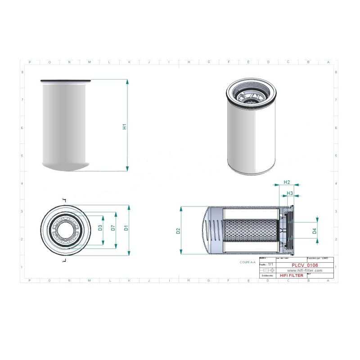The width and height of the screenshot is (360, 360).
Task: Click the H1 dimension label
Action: click(125, 126)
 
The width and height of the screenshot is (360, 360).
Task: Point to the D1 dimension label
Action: click(126, 228)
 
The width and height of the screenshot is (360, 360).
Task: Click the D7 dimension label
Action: click(113, 228)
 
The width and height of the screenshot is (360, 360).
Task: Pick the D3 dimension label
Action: click(100, 228)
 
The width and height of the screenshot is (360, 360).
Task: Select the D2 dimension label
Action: click(178, 231)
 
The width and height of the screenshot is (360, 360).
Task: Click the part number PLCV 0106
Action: click(305, 265)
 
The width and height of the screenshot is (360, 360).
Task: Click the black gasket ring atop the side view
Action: click(66, 81)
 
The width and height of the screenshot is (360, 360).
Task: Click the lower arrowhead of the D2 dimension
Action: click(181, 252)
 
